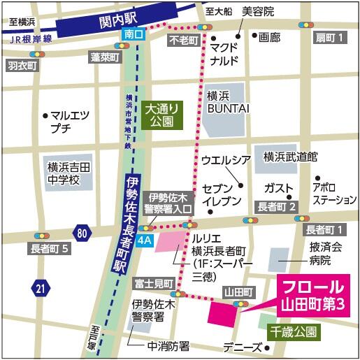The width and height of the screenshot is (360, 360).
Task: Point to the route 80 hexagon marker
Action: tap(83, 232)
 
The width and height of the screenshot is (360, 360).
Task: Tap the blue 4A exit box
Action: tap(145, 241)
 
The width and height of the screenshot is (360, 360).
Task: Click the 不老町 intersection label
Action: tap(184, 41)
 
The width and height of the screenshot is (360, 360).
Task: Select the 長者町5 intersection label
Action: tap(50, 247)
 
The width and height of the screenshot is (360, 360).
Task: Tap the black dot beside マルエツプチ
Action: tap(45, 115)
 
